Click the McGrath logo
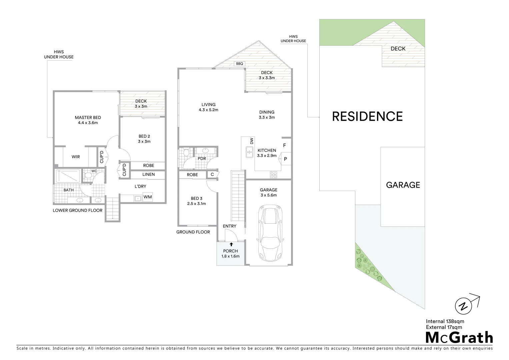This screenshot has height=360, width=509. click(459, 337)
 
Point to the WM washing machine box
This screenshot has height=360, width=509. click(148, 197)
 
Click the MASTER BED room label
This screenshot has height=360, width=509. click(88, 118)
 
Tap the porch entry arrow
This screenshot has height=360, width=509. click(231, 244)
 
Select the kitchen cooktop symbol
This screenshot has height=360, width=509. click(274, 174)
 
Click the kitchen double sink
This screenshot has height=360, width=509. click(249, 152)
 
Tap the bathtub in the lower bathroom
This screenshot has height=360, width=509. click(68, 176)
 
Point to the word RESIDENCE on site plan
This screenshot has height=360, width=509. click(367, 116)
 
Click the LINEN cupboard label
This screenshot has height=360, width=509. click(148, 174)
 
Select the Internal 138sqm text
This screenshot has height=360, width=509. click(445, 321)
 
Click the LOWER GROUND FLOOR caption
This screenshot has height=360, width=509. click(77, 210)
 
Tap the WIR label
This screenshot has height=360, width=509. click(76, 157)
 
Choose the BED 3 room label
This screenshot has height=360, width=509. click(197, 199)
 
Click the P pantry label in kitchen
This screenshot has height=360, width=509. click(285, 159)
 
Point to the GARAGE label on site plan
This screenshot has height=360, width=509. click(403, 185)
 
